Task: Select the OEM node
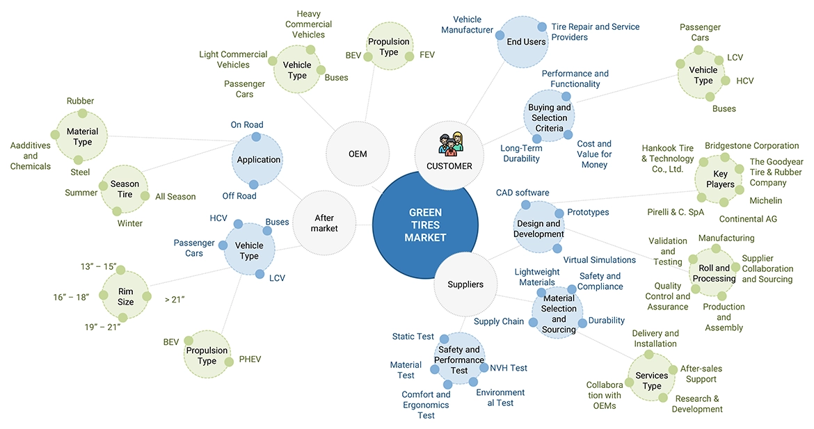pyautogui.click(x=357, y=154)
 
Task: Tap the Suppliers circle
pyautogui.click(x=465, y=284)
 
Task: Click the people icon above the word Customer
pyautogui.click(x=449, y=143)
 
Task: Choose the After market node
pyautogui.click(x=324, y=223)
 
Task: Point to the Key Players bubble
pyautogui.click(x=720, y=179)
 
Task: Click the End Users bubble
pyautogui.click(x=526, y=42)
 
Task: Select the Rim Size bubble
pyautogui.click(x=126, y=297)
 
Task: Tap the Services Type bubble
pyautogui.click(x=652, y=380)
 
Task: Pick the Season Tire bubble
pyautogui.click(x=125, y=189)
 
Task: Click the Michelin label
pyautogui.click(x=765, y=201)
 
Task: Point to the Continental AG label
pyautogui.click(x=748, y=219)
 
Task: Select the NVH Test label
pyautogui.click(x=509, y=368)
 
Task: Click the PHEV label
pyautogui.click(x=250, y=359)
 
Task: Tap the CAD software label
pyautogui.click(x=522, y=193)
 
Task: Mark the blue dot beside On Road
pyautogui.click(x=257, y=137)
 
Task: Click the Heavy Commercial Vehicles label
pyautogui.click(x=309, y=24)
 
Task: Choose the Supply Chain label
pyautogui.click(x=499, y=321)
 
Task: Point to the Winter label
pyautogui.click(x=129, y=223)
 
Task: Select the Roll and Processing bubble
pyautogui.click(x=714, y=273)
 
